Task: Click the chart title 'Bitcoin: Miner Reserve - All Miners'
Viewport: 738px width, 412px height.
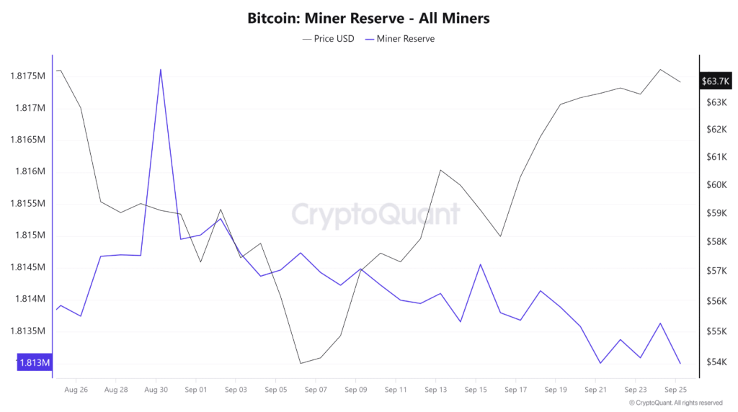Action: pos(368,18)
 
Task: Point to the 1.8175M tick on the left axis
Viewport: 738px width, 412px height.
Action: pos(28,76)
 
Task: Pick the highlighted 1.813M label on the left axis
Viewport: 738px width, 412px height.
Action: pos(33,362)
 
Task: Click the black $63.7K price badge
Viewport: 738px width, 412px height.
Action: pos(713,81)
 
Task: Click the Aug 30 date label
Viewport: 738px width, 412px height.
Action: pos(156,390)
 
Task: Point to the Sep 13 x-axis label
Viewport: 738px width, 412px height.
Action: pos(435,390)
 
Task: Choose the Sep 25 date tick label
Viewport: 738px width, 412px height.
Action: pos(675,390)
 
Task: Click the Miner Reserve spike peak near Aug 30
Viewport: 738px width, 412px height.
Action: pos(160,69)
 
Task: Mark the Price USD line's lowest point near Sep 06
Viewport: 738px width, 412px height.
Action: pos(300,363)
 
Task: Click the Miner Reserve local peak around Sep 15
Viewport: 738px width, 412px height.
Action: pos(480,264)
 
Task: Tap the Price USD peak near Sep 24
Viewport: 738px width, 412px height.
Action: pos(660,70)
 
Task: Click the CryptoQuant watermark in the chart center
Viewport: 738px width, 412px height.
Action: pos(375,215)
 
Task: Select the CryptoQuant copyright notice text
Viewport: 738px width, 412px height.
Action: pos(675,403)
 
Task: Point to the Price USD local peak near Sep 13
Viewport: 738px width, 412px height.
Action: pos(440,170)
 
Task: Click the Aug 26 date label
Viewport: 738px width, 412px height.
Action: pos(76,390)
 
